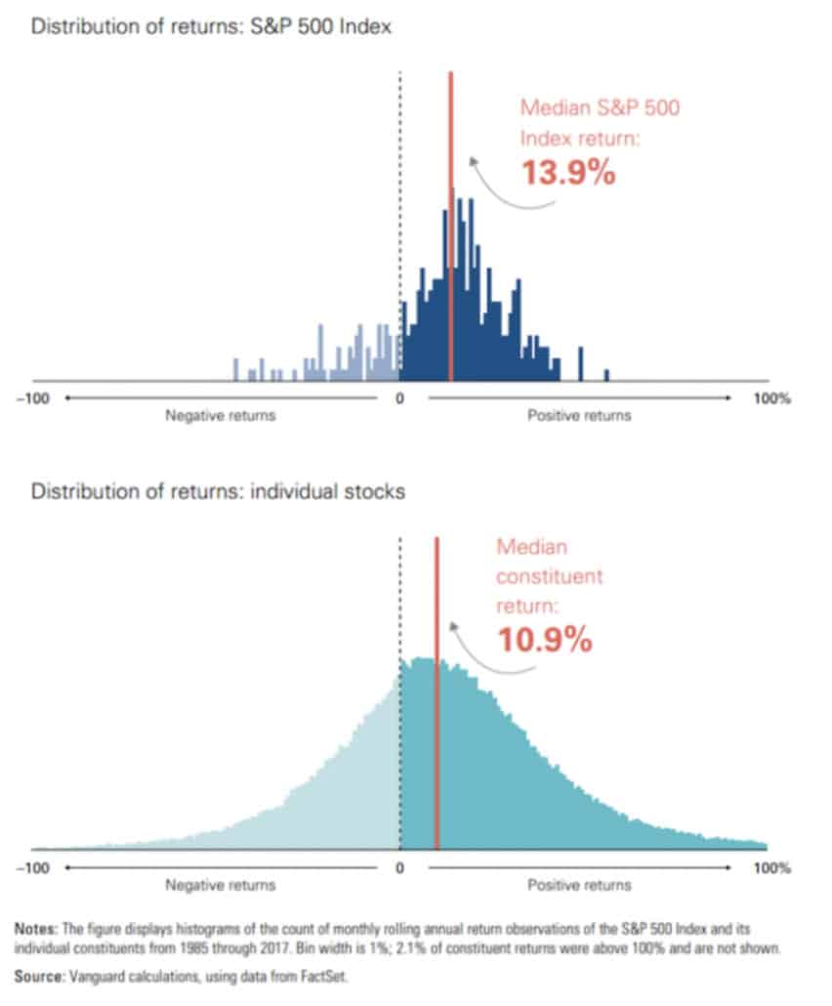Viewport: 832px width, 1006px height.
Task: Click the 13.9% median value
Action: (568, 173)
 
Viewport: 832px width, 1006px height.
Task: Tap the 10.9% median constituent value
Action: (545, 640)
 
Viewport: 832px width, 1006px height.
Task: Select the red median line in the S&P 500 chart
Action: (451, 227)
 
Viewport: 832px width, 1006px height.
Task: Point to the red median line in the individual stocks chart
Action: (437, 692)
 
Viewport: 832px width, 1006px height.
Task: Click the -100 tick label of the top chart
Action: (33, 398)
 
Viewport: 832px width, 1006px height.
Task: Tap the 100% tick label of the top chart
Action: (771, 398)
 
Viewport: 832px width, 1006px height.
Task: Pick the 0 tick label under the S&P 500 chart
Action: (399, 398)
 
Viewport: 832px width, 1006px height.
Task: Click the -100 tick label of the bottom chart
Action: (33, 868)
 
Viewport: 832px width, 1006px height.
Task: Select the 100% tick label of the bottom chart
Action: (771, 868)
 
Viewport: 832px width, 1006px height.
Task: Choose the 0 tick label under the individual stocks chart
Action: (399, 868)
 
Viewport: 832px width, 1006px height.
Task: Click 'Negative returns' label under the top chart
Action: (220, 416)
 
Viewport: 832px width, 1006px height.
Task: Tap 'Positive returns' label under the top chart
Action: (579, 416)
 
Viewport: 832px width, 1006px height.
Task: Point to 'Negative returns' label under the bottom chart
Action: (220, 886)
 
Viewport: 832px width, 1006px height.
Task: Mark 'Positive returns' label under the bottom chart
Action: (579, 886)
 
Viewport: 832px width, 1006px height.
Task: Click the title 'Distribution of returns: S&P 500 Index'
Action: (211, 26)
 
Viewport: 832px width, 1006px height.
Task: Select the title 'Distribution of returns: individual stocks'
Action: (218, 491)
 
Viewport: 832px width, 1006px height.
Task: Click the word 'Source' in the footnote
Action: (38, 977)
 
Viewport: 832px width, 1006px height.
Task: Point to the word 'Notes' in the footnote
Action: (35, 929)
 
